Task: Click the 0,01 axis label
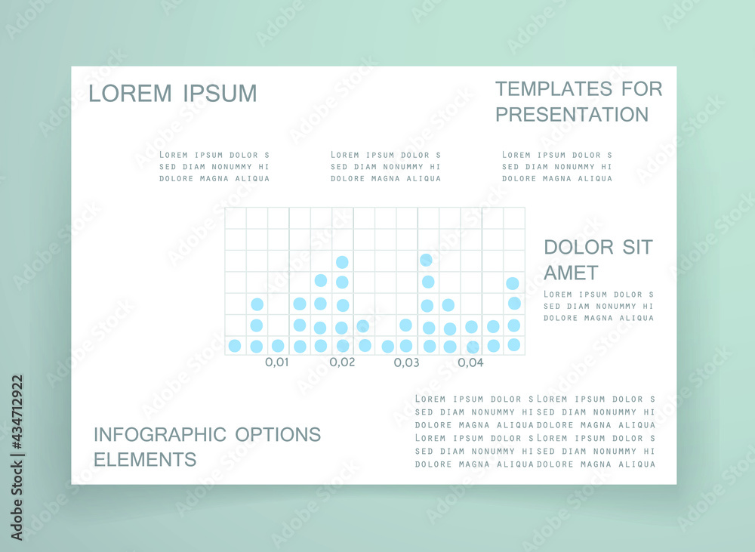[x=277, y=362]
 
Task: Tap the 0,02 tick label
[x=342, y=362]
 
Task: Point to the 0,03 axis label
[x=406, y=362]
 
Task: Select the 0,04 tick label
[x=470, y=362]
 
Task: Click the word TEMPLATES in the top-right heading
[x=553, y=88]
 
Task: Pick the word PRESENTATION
[x=572, y=115]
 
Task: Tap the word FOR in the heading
[x=642, y=88]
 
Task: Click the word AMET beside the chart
[x=571, y=273]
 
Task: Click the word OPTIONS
[x=278, y=434]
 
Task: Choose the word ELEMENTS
[x=145, y=460]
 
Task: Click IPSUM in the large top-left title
[x=220, y=94]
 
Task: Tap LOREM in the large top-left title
[x=130, y=94]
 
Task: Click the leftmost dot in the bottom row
[x=235, y=345]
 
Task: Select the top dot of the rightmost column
[x=513, y=283]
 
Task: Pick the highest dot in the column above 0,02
[x=342, y=262]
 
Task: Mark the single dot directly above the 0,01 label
[x=278, y=345]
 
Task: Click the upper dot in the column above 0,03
[x=406, y=325]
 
